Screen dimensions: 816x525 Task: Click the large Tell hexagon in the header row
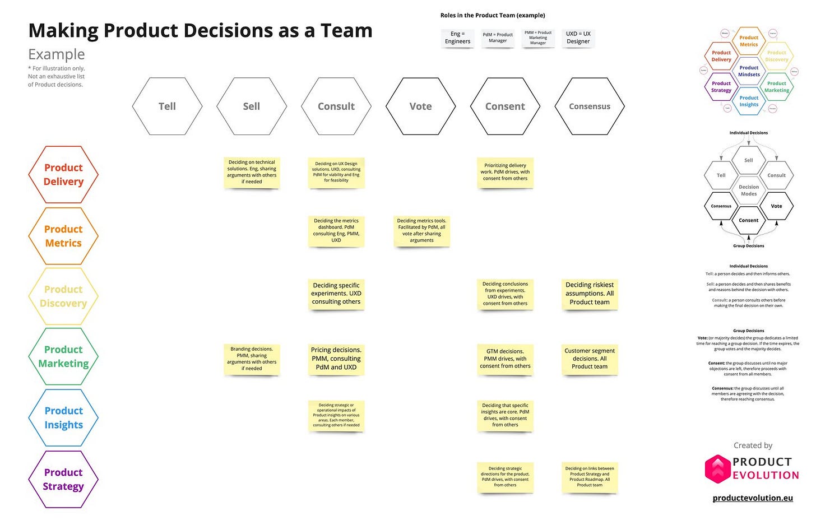click(x=167, y=106)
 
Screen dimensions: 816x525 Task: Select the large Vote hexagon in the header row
click(x=420, y=106)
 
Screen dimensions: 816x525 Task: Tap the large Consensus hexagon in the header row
click(x=590, y=106)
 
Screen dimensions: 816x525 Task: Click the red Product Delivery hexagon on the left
click(x=63, y=175)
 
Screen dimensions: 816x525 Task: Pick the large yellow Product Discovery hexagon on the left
click(x=63, y=296)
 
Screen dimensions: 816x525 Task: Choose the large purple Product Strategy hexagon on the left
click(x=63, y=480)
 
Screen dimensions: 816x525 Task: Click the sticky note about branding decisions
click(x=252, y=359)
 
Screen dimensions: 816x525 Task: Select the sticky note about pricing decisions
click(x=336, y=359)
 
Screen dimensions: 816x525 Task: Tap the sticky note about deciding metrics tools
click(x=421, y=230)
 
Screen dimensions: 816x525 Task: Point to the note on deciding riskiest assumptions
click(x=590, y=293)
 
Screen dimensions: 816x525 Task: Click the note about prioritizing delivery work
click(x=505, y=172)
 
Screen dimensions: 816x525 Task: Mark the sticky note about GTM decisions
click(x=505, y=359)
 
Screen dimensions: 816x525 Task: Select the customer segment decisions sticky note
click(x=590, y=359)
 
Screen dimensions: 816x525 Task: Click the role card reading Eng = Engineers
click(x=457, y=38)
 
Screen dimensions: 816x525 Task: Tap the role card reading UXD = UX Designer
click(x=578, y=38)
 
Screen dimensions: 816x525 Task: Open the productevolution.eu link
click(x=753, y=498)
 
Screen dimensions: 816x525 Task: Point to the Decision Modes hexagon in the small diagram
click(x=749, y=191)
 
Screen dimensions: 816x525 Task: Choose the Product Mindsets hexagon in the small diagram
click(x=749, y=71)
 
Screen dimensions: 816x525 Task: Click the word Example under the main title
click(x=57, y=54)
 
